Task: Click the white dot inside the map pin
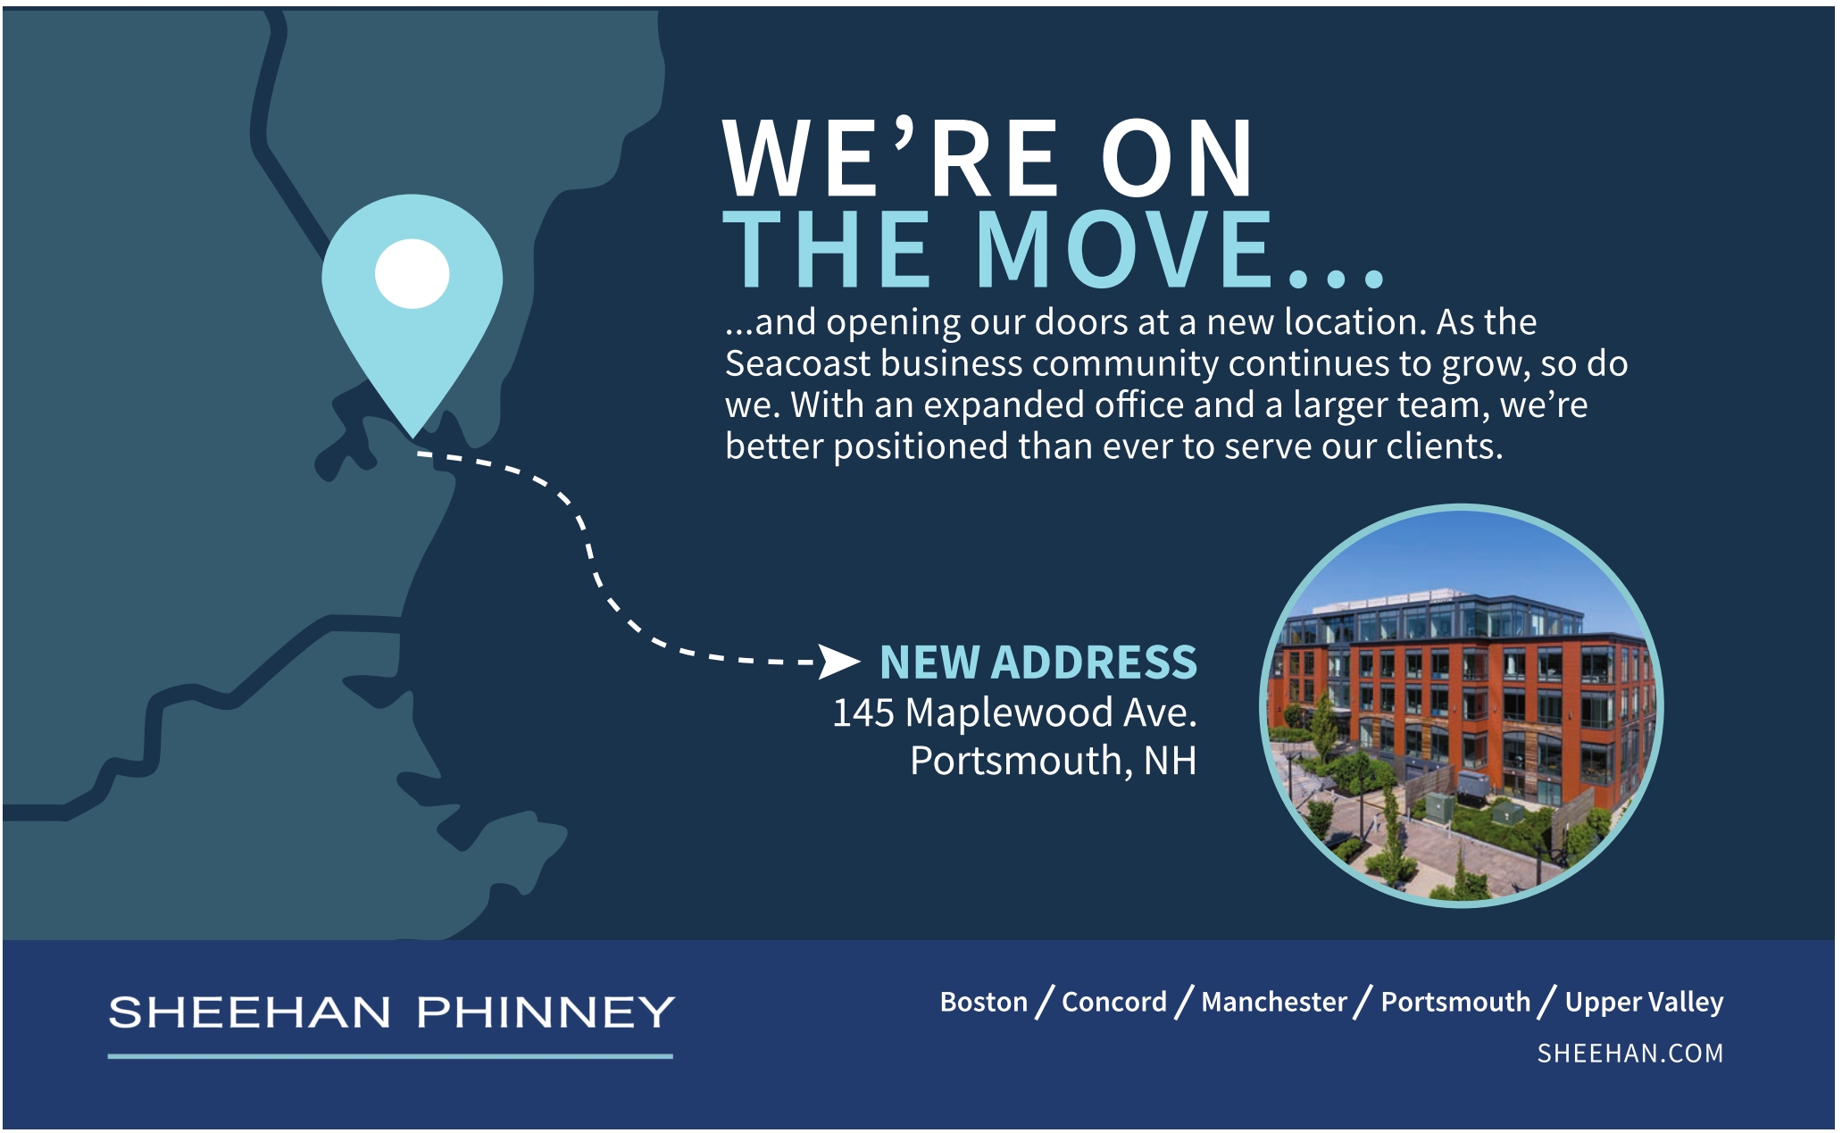coord(412,273)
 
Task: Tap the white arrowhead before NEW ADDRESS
coord(839,662)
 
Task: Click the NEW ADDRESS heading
coord(1038,662)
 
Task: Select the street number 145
coord(863,712)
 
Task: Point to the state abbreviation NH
coord(1170,761)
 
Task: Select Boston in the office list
coord(984,1002)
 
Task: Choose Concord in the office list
coord(1114,1002)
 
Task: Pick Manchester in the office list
coord(1274,1002)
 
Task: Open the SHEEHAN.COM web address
coord(1630,1054)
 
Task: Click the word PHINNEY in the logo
coord(546,1012)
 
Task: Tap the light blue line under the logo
coord(390,1056)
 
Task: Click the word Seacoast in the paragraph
coord(797,363)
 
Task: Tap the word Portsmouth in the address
coord(1016,761)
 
